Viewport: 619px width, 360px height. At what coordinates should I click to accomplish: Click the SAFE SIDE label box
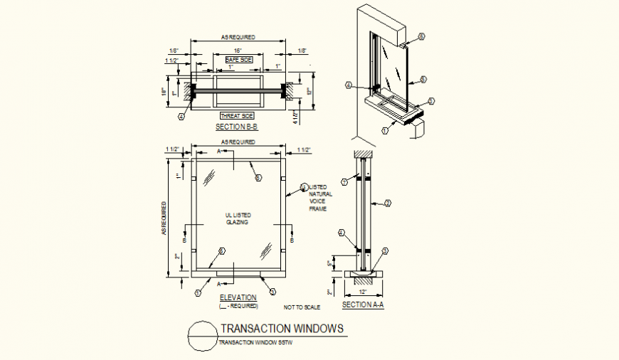238,60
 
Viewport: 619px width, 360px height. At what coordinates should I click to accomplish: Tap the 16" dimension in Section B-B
238,51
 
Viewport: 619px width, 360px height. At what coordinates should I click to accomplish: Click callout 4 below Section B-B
181,116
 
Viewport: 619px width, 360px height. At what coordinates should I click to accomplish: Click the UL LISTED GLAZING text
238,218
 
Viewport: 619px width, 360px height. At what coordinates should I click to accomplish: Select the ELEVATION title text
238,297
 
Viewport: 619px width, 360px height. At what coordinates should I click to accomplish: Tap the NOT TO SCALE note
302,307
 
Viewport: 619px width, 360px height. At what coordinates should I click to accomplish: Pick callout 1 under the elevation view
199,292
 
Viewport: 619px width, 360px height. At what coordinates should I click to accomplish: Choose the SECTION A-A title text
363,305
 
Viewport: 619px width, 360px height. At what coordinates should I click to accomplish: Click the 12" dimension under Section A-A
364,292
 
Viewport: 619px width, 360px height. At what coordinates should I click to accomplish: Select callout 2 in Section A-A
388,204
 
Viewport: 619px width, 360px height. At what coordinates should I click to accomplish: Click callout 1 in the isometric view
385,130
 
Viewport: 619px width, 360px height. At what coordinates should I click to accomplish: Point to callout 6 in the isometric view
420,36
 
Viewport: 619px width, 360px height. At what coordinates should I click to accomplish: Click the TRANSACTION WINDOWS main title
282,329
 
